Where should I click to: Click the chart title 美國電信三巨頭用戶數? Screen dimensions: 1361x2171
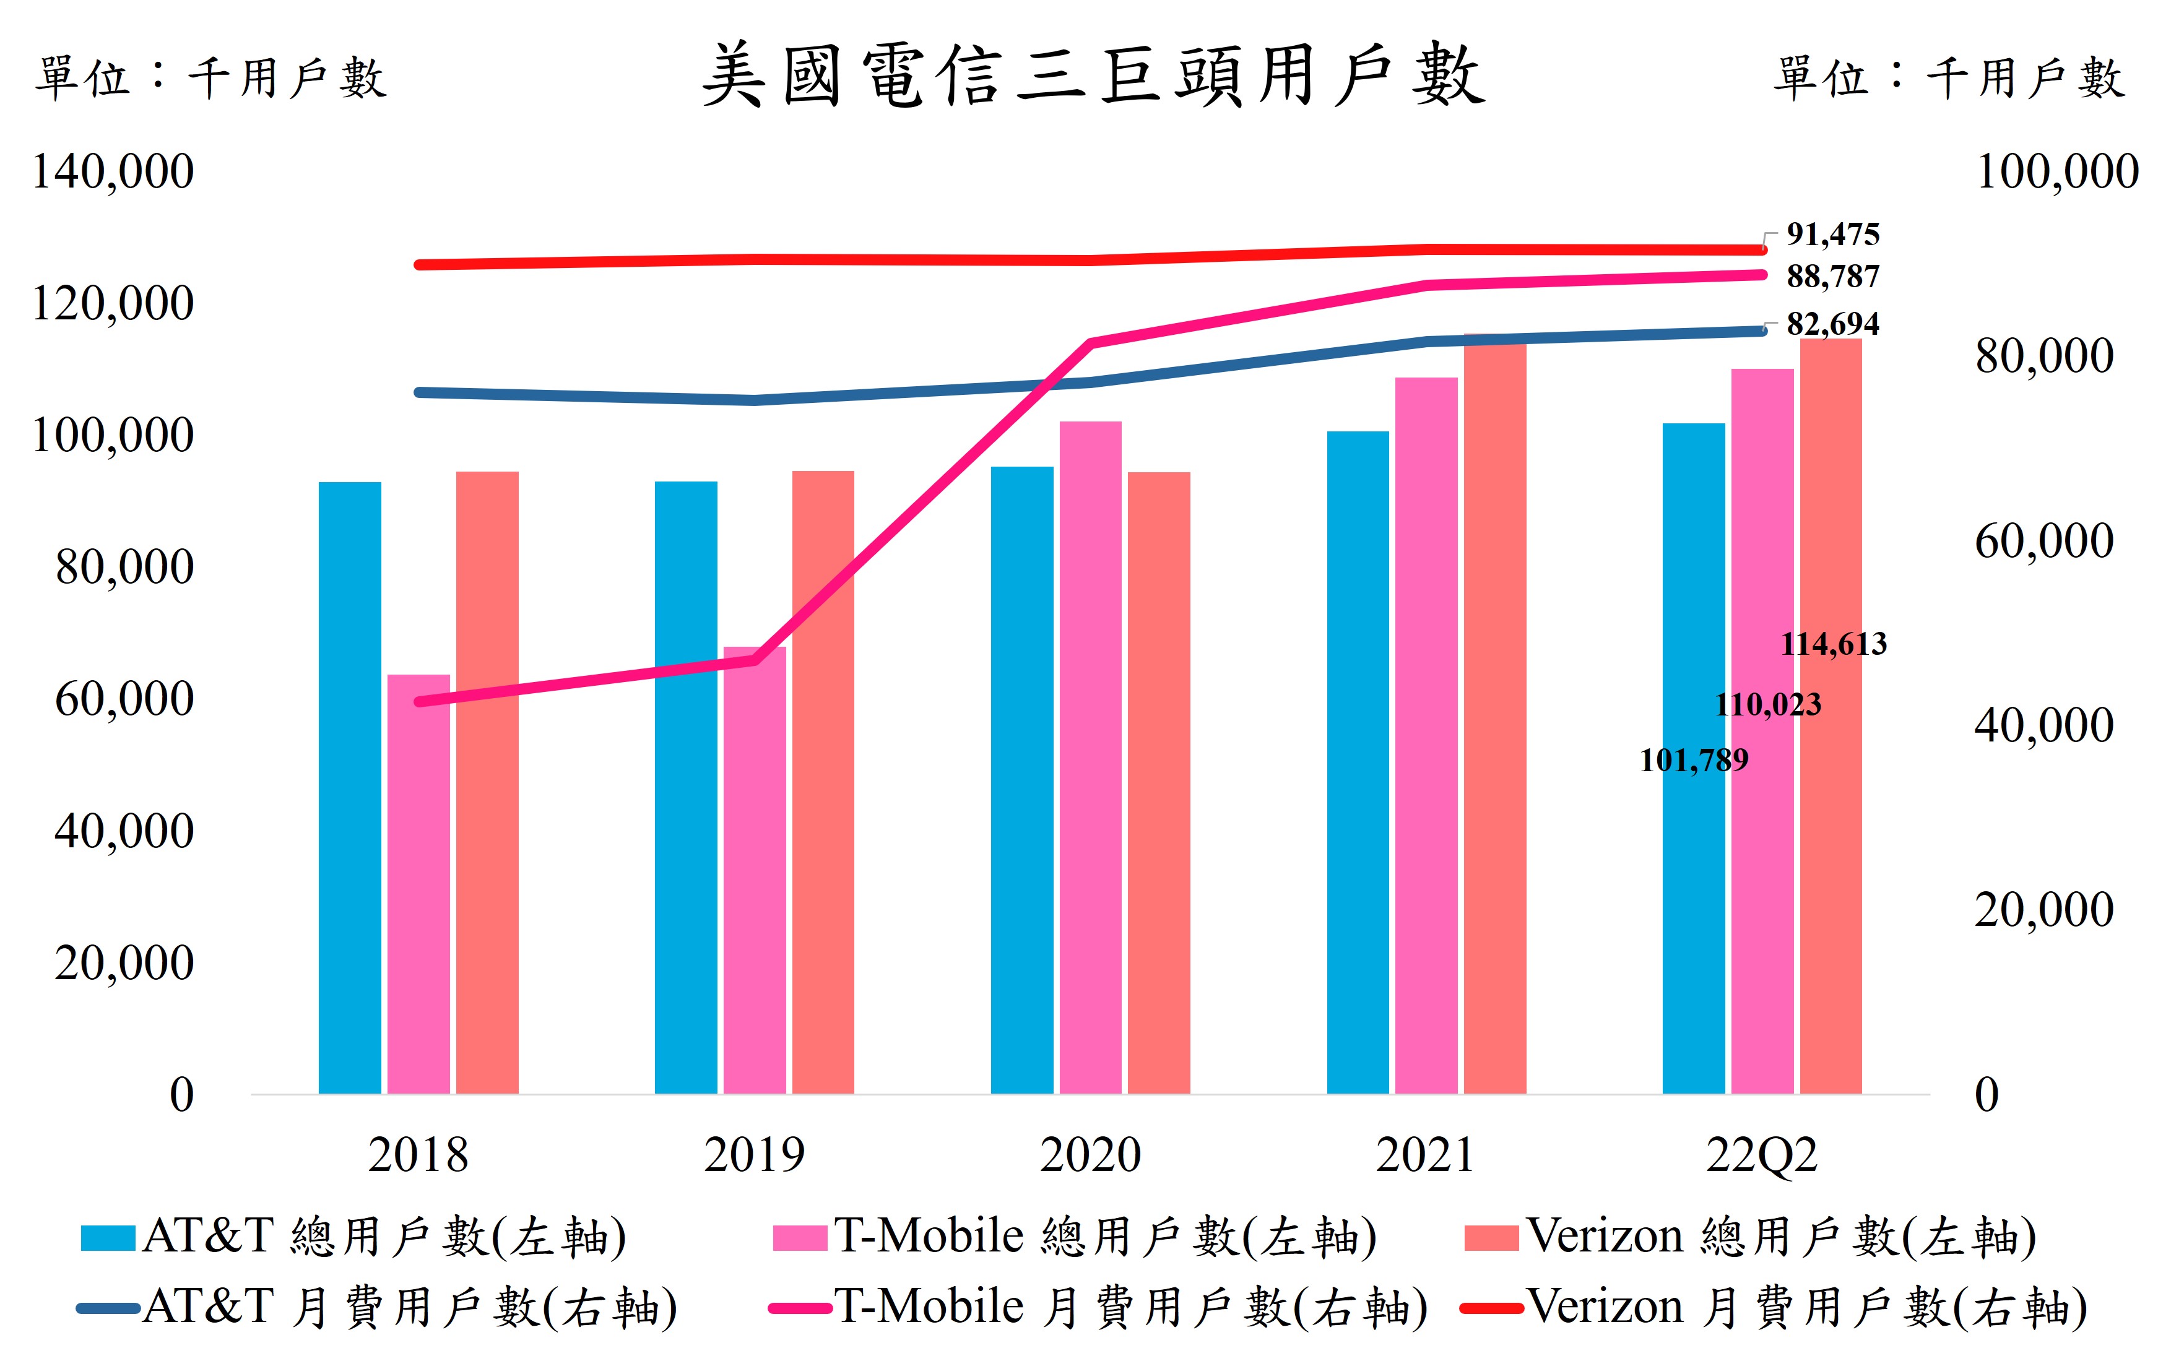[x=1093, y=77]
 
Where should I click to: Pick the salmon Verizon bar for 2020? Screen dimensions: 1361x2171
[x=1158, y=783]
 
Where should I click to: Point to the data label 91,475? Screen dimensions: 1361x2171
[x=1832, y=235]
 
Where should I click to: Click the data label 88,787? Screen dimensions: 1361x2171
[x=1832, y=276]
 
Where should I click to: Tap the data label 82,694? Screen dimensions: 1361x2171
[x=1832, y=324]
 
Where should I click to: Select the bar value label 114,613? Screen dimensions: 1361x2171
[x=1834, y=644]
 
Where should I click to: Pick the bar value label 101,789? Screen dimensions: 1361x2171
[x=1693, y=761]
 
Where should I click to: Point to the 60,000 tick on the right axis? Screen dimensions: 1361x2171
[x=2043, y=541]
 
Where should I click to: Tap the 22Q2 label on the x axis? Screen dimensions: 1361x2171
[x=1761, y=1155]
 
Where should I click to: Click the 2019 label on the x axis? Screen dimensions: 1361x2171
[x=754, y=1155]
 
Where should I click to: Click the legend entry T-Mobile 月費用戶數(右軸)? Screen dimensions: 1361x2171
[x=1098, y=1307]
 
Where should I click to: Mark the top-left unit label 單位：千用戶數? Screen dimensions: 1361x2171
[x=210, y=79]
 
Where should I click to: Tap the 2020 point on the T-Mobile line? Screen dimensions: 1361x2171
[x=1091, y=343]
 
